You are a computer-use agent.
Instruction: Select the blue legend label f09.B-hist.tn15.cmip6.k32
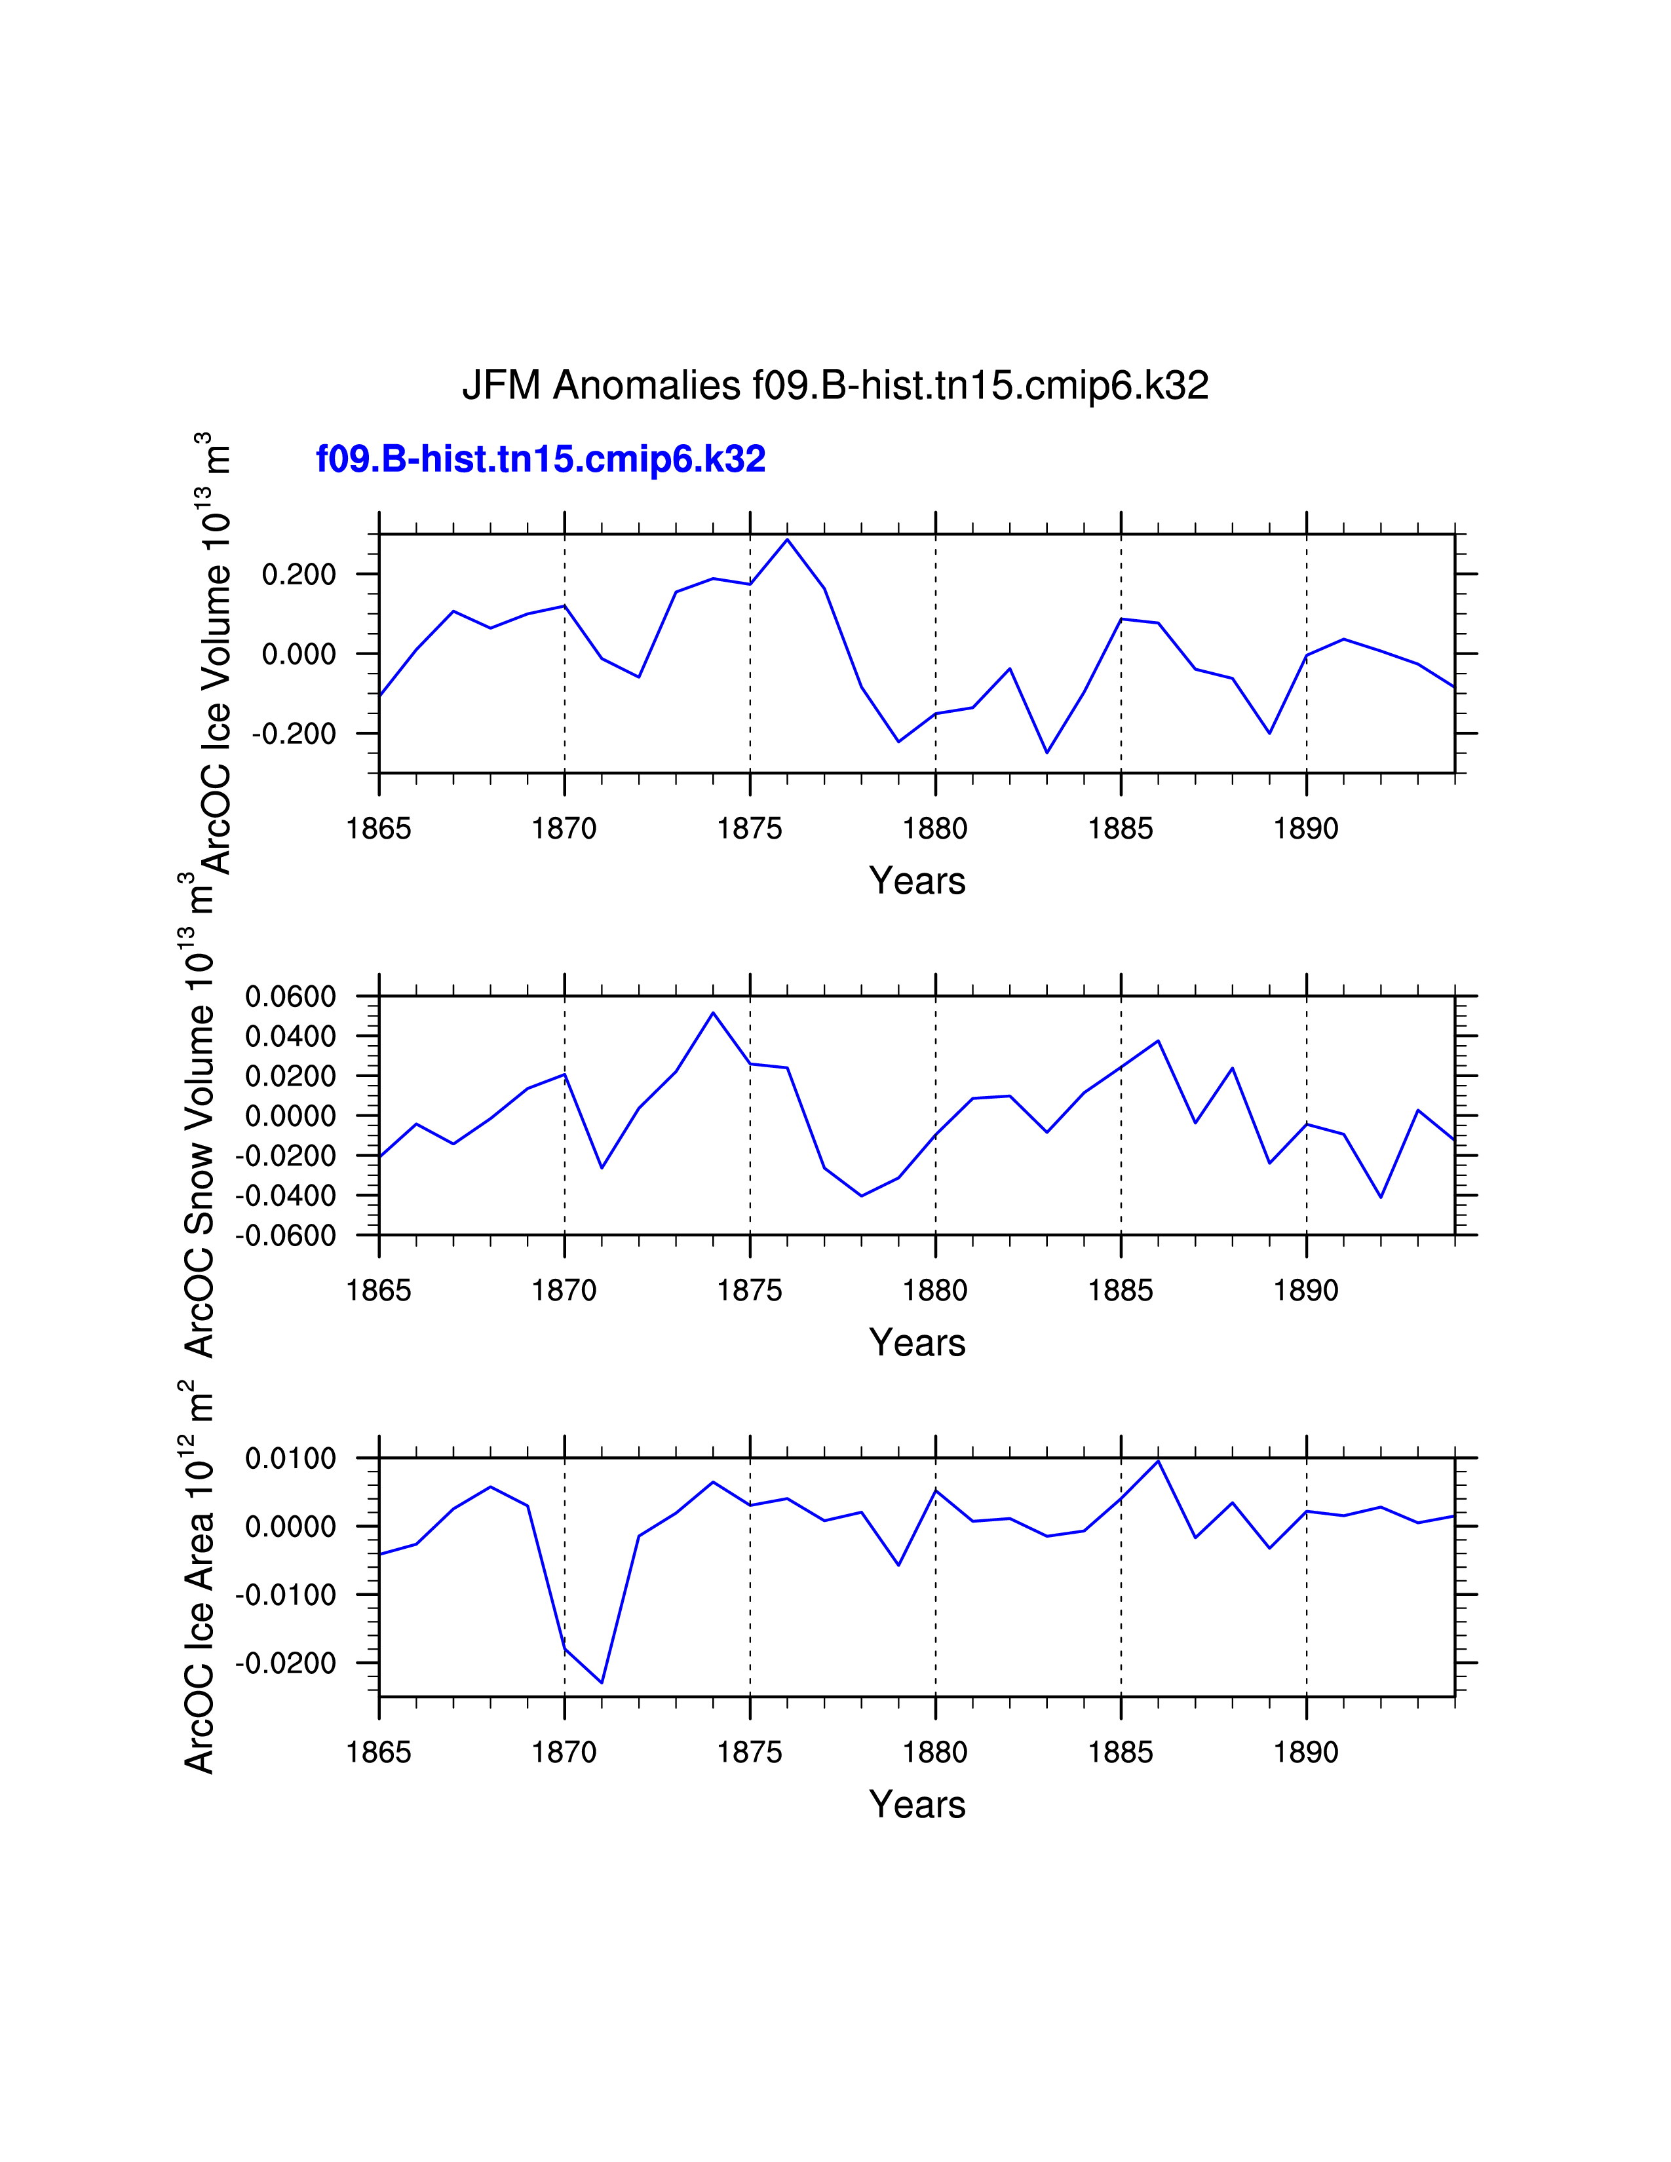(x=541, y=459)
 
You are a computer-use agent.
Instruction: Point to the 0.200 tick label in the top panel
(x=299, y=574)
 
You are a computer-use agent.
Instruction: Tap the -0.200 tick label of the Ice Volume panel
(x=295, y=734)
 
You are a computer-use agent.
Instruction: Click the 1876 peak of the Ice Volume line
(x=787, y=539)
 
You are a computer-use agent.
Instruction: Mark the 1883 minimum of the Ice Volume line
(x=1047, y=752)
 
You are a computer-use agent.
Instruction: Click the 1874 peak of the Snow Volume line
(x=713, y=1013)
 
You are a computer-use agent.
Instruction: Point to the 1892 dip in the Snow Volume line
(x=1380, y=1197)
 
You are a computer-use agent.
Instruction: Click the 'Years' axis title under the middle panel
(x=917, y=1343)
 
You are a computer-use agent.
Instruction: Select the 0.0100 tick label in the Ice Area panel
(x=291, y=1458)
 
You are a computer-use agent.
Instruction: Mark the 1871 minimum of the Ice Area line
(x=602, y=1682)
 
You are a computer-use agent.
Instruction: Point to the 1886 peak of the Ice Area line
(x=1157, y=1461)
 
